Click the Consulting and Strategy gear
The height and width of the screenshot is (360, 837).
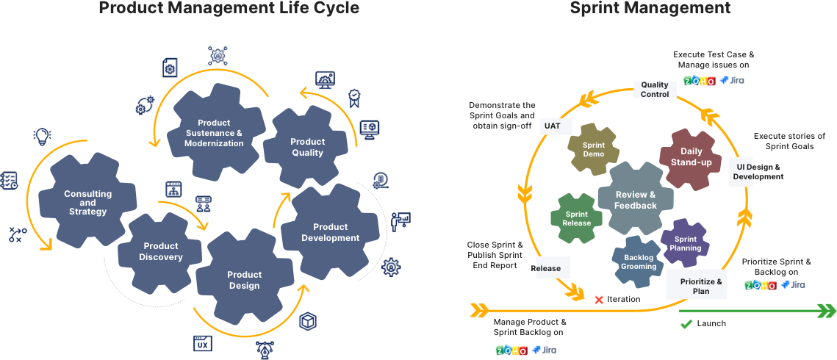pyautogui.click(x=87, y=202)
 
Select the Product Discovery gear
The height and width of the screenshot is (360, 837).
pyautogui.click(x=161, y=251)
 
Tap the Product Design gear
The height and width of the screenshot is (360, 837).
pyautogui.click(x=244, y=280)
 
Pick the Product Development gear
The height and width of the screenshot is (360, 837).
pyautogui.click(x=330, y=232)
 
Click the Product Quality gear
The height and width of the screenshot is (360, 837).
pyautogui.click(x=307, y=147)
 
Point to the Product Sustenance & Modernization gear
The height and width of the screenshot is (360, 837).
pyautogui.click(x=214, y=133)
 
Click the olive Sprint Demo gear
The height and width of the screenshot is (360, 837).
pyautogui.click(x=593, y=149)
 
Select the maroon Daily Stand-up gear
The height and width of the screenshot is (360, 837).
pyautogui.click(x=691, y=156)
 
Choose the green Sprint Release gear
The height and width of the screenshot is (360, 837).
pyautogui.click(x=577, y=218)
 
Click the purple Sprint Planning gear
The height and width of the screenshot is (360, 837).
pyautogui.click(x=685, y=243)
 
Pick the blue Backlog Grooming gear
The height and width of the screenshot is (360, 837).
pyautogui.click(x=639, y=262)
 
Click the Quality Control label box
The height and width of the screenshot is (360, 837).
pyautogui.click(x=654, y=89)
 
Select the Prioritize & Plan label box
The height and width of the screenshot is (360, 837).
pyautogui.click(x=696, y=286)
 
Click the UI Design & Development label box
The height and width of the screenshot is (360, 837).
pyautogui.click(x=740, y=172)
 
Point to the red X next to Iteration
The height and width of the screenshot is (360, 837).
pyautogui.click(x=598, y=300)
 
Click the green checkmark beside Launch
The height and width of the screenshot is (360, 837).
pyautogui.click(x=686, y=323)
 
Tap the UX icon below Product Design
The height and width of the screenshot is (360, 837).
pyautogui.click(x=203, y=342)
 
